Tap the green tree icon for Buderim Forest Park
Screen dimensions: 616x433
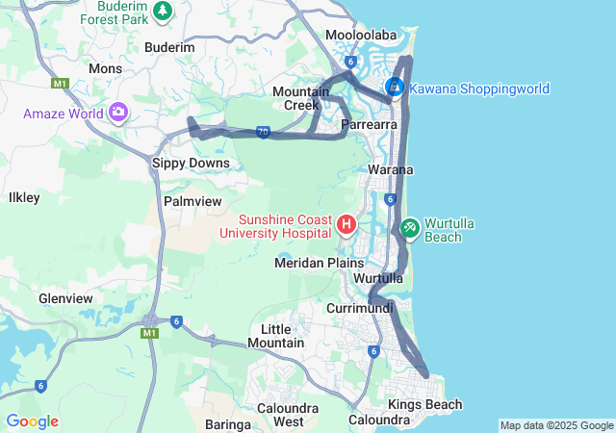(x=163, y=11)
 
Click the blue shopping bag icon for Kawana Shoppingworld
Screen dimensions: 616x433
(x=395, y=89)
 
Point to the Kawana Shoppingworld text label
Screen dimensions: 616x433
(x=479, y=89)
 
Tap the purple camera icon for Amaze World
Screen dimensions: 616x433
(x=118, y=114)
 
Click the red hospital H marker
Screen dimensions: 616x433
(x=346, y=225)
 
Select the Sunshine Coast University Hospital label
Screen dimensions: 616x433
(x=279, y=225)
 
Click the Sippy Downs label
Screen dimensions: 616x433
(x=191, y=164)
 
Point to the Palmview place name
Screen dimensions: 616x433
(x=192, y=202)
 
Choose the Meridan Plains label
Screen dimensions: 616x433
(x=320, y=263)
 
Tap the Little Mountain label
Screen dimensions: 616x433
(x=276, y=336)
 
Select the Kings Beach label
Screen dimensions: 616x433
(x=424, y=405)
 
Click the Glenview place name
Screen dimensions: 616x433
(x=65, y=298)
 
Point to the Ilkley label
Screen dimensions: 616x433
(x=23, y=197)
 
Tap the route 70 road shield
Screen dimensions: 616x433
(x=263, y=133)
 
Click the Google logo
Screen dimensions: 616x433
(x=32, y=420)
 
